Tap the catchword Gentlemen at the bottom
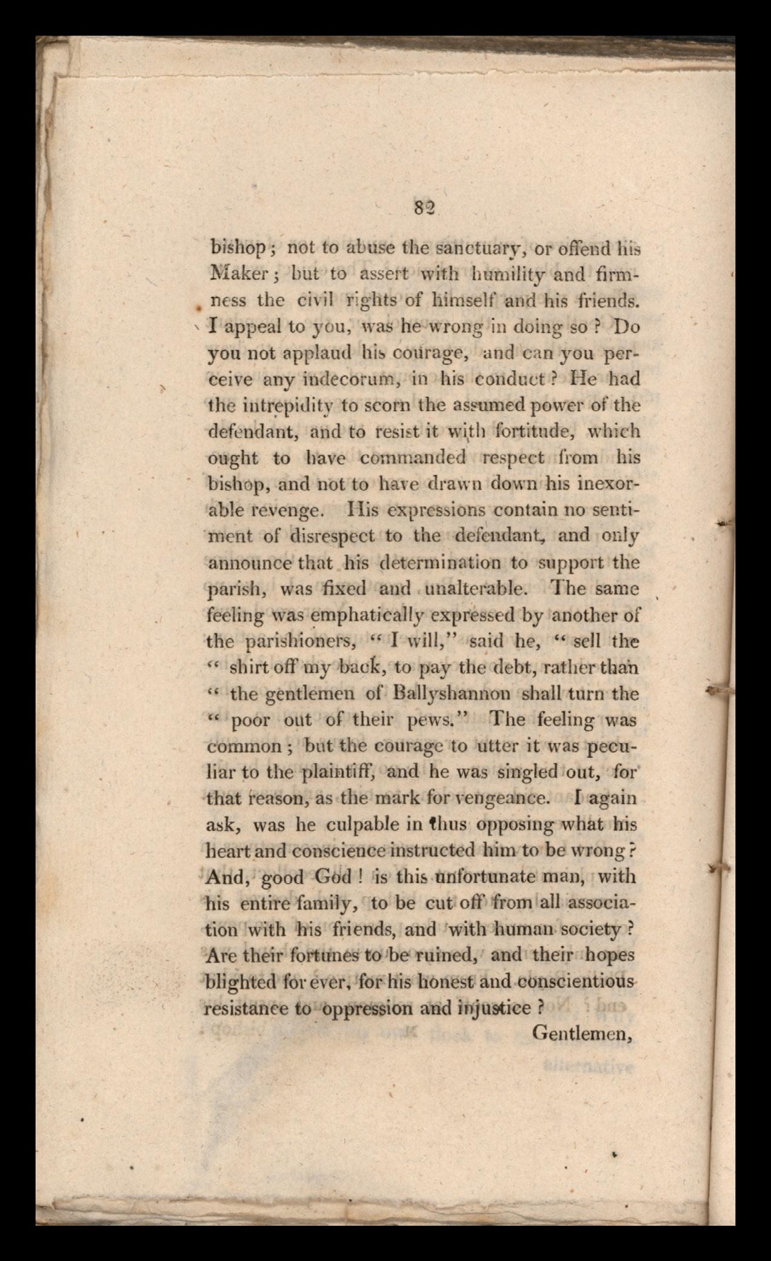[x=582, y=1033]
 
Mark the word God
[x=333, y=877]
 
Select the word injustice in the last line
[x=493, y=1008]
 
